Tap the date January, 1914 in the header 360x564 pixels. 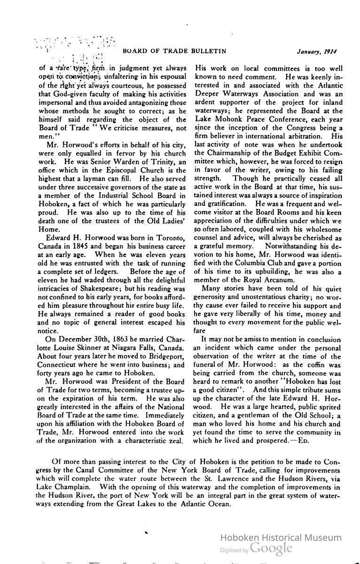pos(317,51)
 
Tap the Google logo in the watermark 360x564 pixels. pos(271,548)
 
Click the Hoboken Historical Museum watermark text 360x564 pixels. pos(281,538)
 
